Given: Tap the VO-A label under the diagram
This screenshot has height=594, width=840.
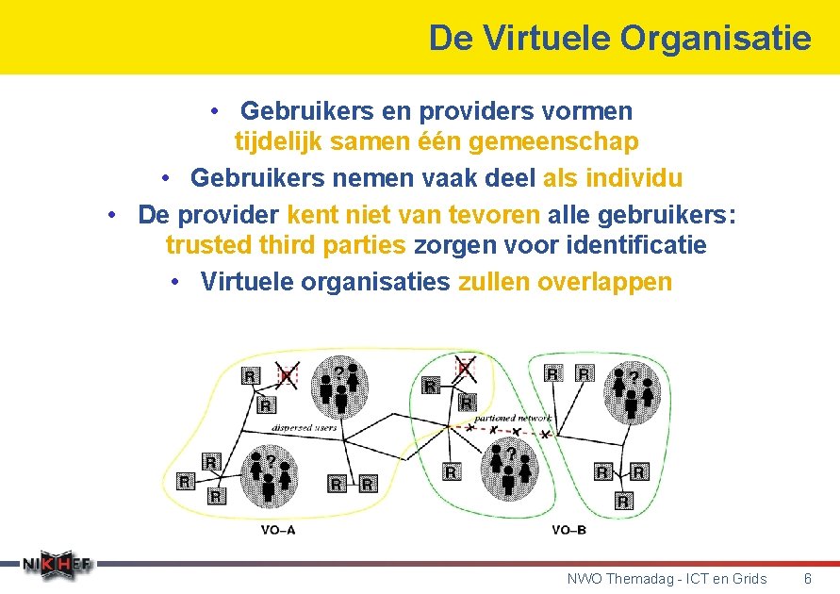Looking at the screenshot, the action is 278,530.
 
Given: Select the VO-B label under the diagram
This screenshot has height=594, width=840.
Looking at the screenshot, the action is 568,530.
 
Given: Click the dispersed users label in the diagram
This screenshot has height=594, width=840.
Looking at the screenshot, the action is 305,427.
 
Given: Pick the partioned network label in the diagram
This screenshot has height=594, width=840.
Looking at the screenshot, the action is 514,417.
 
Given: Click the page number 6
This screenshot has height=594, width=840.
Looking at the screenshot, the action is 807,578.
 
